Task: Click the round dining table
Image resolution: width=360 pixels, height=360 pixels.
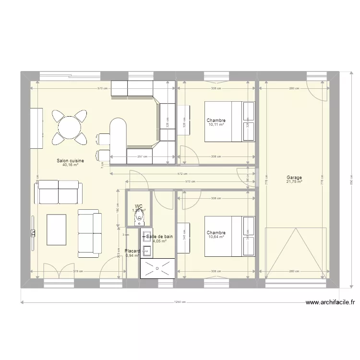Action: tap(70, 127)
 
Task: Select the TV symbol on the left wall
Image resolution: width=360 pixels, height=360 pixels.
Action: tap(33, 233)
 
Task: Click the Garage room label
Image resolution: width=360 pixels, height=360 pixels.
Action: tap(294, 178)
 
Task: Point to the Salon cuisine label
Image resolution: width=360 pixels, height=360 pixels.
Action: tap(70, 161)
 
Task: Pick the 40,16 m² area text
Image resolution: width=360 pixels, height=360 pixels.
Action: tap(70, 166)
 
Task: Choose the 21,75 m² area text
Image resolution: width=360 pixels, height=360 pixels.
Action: tap(294, 182)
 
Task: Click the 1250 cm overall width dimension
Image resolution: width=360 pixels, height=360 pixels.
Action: tap(180, 302)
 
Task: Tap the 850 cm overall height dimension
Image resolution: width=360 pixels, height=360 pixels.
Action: tap(351, 181)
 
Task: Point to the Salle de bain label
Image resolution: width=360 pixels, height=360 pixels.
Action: tap(159, 237)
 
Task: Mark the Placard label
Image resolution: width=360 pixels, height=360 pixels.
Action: tap(132, 251)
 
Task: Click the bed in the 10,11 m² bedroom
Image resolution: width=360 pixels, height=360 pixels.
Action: tap(229, 121)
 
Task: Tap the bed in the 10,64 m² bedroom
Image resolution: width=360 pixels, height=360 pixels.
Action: tap(229, 236)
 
